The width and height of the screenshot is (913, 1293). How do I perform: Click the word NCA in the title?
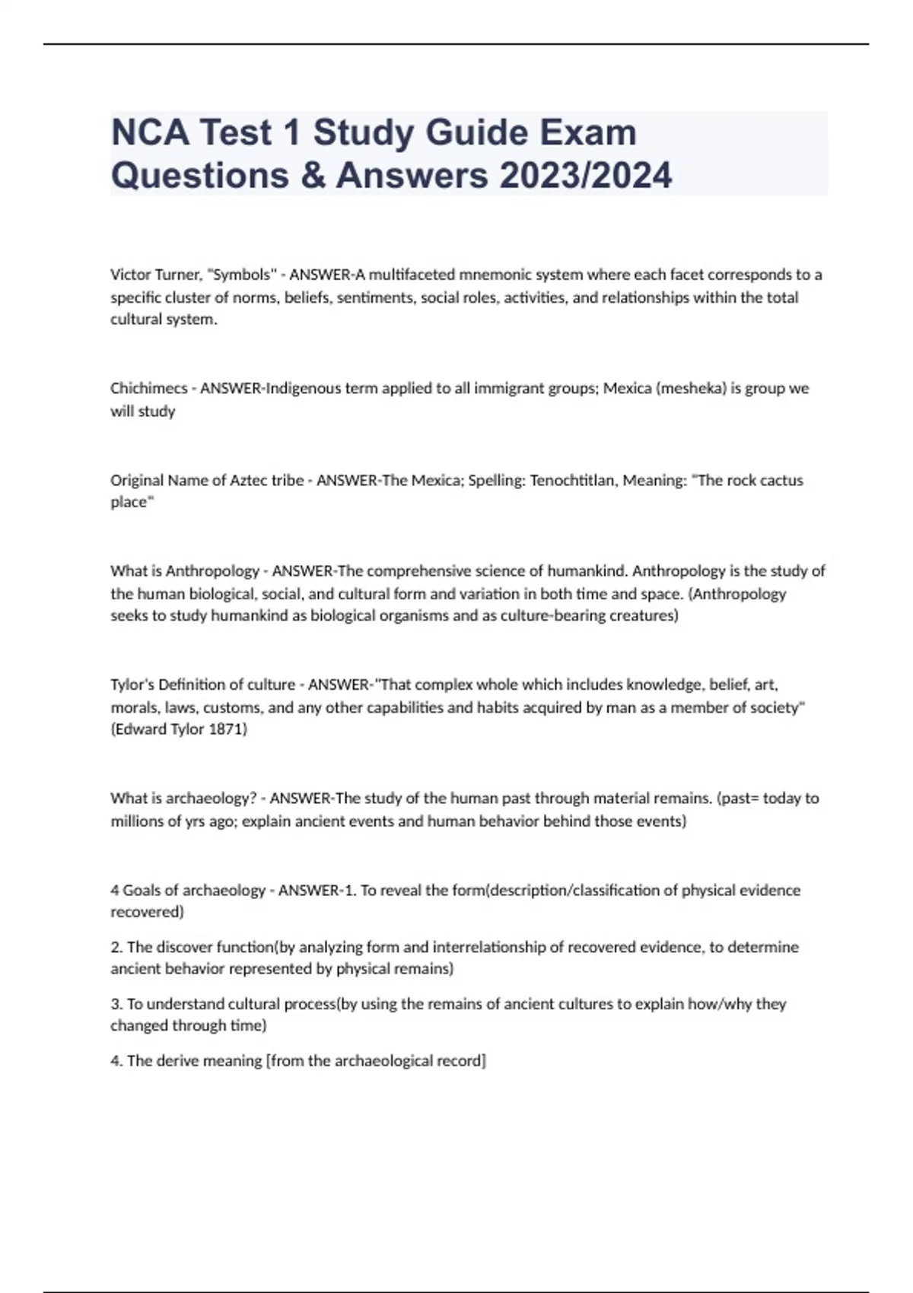tap(150, 133)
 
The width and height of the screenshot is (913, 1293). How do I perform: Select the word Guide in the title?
tap(476, 133)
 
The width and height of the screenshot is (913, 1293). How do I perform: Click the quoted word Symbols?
tap(241, 275)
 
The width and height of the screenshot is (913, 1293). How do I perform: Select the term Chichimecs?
tap(149, 389)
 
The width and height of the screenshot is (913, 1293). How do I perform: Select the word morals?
tap(133, 708)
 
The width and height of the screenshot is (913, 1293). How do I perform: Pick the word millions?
tap(138, 821)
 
